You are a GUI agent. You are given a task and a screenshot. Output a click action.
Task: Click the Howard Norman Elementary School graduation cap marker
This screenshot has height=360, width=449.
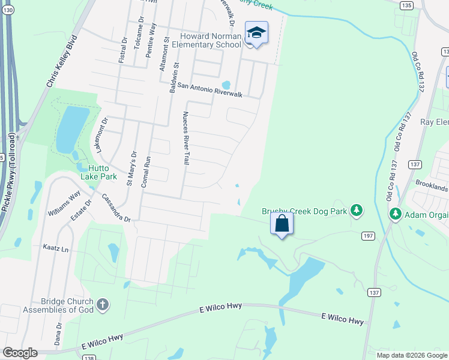(x=256, y=34)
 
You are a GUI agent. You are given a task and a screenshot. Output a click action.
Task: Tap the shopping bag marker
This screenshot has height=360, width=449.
(x=282, y=224)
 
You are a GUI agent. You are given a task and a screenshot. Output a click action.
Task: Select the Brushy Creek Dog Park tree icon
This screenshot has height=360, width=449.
(x=357, y=209)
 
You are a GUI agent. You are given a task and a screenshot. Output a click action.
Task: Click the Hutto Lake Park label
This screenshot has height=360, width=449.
(x=100, y=172)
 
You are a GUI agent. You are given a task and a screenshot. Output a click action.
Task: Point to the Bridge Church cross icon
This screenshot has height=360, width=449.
(x=103, y=304)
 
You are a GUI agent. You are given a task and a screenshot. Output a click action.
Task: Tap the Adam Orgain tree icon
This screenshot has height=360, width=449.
(x=396, y=213)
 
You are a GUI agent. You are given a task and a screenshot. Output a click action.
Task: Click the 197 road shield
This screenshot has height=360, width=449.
(x=367, y=236)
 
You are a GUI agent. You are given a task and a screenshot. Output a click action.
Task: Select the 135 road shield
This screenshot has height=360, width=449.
(x=407, y=5)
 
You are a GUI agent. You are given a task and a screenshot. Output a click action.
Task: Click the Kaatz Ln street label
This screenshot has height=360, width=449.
(x=56, y=247)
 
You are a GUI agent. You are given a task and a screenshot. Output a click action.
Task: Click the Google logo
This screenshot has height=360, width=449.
(x=20, y=353)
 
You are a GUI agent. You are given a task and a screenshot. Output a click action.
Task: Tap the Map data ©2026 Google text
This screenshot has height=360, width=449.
(x=412, y=355)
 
